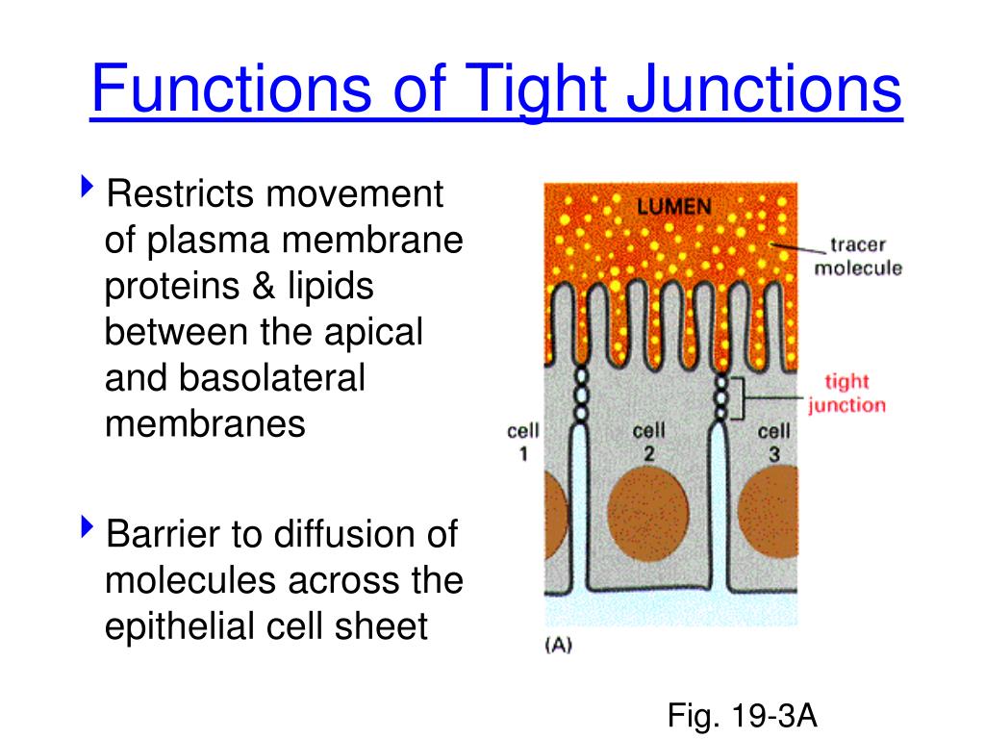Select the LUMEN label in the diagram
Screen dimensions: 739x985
coord(673,205)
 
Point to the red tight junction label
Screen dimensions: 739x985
coord(846,394)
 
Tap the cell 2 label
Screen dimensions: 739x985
coord(649,442)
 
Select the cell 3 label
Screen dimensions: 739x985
coord(773,442)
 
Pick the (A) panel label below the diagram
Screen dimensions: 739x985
coord(558,647)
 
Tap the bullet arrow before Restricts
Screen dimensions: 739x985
coord(88,187)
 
